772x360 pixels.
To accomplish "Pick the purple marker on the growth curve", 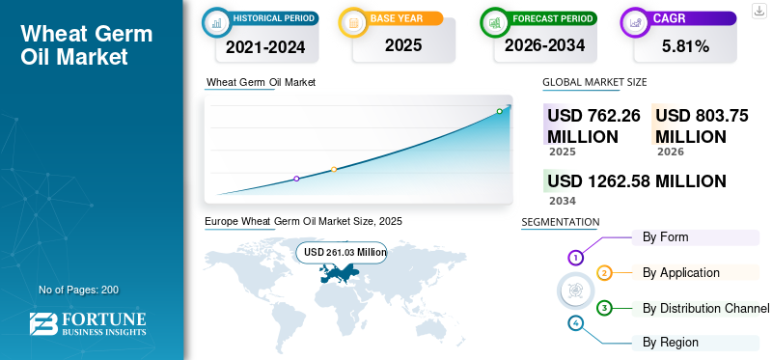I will click(296, 179).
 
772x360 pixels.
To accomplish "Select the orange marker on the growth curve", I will click(334, 170).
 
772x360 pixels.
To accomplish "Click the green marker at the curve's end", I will click(500, 112).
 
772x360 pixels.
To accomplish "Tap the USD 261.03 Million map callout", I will click(345, 253).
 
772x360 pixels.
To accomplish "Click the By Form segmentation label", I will click(665, 237).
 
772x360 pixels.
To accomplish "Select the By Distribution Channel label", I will click(705, 308).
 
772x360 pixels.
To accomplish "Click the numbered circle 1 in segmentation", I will click(575, 258).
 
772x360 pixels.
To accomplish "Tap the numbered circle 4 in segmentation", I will click(576, 322).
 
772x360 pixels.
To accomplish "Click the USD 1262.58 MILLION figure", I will click(636, 180).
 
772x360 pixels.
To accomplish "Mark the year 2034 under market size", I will click(563, 201).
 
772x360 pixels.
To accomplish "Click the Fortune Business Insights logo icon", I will click(41, 324).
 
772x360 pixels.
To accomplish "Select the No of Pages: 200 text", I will click(78, 290).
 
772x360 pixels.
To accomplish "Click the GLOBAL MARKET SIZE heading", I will click(594, 83).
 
